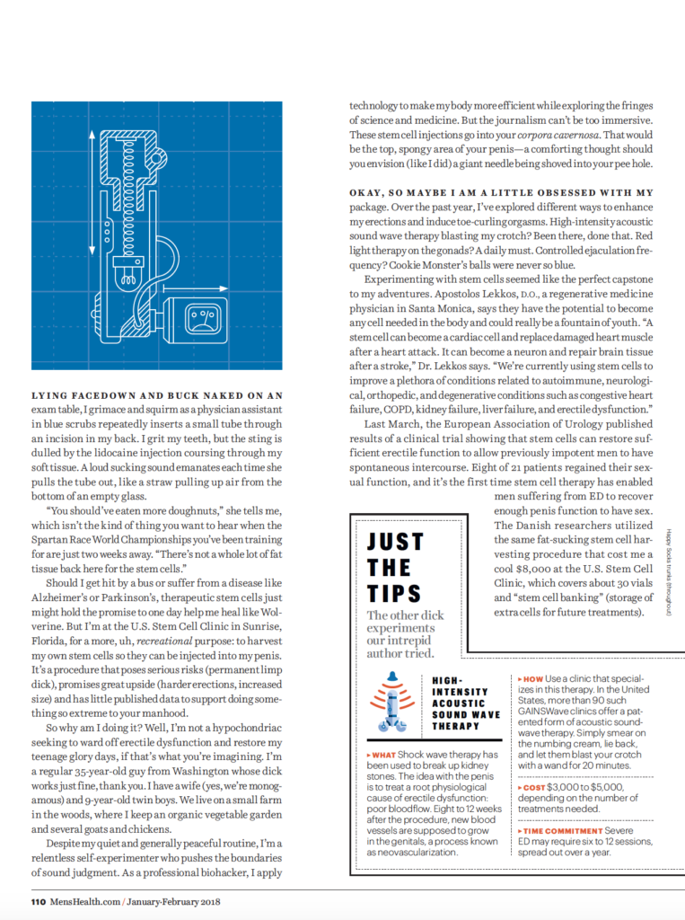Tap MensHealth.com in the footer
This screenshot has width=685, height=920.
83,901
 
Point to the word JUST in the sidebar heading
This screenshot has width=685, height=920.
396,541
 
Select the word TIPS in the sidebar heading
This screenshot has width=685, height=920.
395,593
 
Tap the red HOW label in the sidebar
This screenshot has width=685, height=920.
531,679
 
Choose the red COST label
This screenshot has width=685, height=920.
532,786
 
